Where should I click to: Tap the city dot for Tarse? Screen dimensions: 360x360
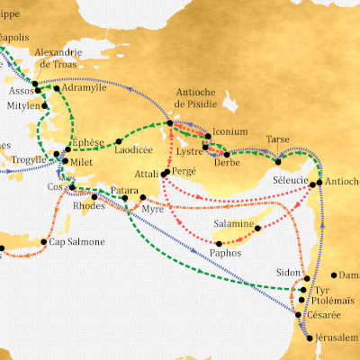coord(278,160)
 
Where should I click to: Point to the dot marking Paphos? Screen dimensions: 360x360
coord(219,244)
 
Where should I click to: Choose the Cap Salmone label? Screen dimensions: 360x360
coord(76,241)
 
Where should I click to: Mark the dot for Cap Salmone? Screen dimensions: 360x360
coord(44,241)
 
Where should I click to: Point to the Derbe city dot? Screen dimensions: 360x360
coord(227,154)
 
